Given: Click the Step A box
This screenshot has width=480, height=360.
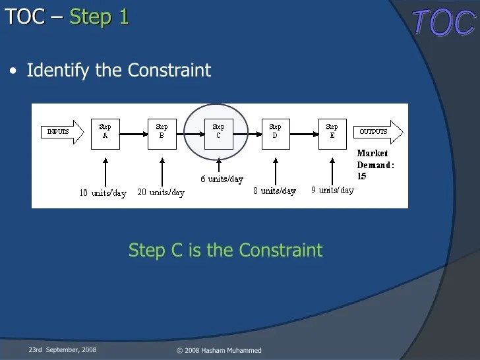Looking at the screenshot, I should point(105,134).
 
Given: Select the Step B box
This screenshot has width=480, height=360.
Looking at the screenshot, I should point(162,134).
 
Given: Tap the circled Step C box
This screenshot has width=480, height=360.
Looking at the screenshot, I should point(218,134).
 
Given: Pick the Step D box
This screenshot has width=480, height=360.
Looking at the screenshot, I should point(275,134).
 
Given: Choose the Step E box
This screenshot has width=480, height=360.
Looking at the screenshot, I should point(332,134).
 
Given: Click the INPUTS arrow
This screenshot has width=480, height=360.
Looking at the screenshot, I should point(62,132).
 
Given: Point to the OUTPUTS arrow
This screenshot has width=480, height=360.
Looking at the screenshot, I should point(378,132).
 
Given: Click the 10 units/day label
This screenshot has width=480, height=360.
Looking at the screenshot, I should point(102,193).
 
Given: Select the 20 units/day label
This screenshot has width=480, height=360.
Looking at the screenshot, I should point(161,193).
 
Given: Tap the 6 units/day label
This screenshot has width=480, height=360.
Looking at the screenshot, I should point(222,179).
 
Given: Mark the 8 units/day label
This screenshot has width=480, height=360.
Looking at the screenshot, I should point(274,191).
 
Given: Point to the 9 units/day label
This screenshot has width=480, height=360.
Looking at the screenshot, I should point(332,190).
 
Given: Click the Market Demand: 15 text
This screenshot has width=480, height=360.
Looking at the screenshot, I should point(375,165).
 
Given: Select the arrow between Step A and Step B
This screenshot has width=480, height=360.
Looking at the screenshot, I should point(134,134).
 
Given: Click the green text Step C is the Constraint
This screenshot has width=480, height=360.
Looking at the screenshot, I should point(225,251).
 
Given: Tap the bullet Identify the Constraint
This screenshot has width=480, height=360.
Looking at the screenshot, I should point(119,71).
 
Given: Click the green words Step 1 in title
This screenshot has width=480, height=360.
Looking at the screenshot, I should point(99,16).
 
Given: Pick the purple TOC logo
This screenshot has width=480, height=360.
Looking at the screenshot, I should point(443,23).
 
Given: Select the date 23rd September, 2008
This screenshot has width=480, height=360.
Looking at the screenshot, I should point(62,349).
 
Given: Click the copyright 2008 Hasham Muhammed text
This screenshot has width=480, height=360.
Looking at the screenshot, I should point(219,350).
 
